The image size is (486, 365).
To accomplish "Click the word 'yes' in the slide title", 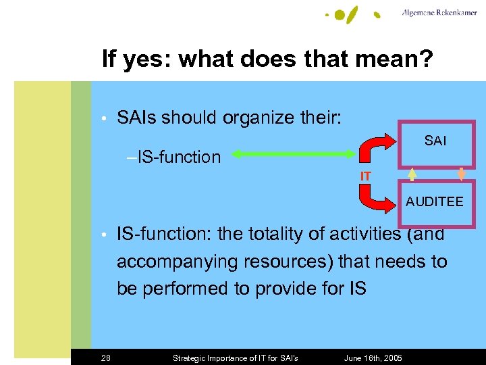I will tap(146, 59).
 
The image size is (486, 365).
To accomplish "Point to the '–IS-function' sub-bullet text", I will tap(173, 157).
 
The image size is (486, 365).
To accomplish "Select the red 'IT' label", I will tap(365, 176).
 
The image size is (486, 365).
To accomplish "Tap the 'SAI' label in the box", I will tap(435, 141).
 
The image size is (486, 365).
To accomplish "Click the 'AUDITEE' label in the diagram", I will tap(434, 201).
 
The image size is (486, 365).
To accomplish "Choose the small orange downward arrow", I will tap(462, 174).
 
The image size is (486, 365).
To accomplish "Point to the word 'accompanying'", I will tap(175, 262).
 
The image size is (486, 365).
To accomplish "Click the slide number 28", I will tap(107, 358).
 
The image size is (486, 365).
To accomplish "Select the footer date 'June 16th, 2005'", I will tap(373, 358).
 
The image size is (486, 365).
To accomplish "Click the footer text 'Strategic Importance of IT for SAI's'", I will tap(236, 358).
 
